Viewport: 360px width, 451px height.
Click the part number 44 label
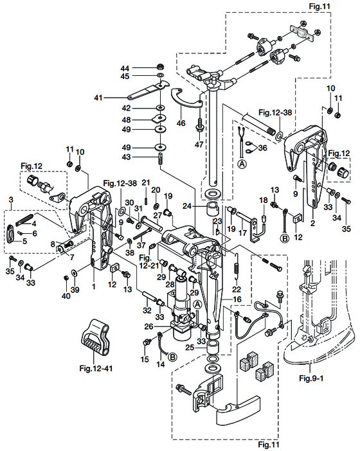[x=125, y=68]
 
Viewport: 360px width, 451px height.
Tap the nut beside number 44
[x=159, y=67]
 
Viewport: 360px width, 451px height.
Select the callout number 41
[x=98, y=98]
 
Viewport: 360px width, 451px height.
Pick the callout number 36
[x=262, y=148]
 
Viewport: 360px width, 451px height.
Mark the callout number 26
[x=149, y=326]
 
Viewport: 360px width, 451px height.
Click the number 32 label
[x=147, y=310]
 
